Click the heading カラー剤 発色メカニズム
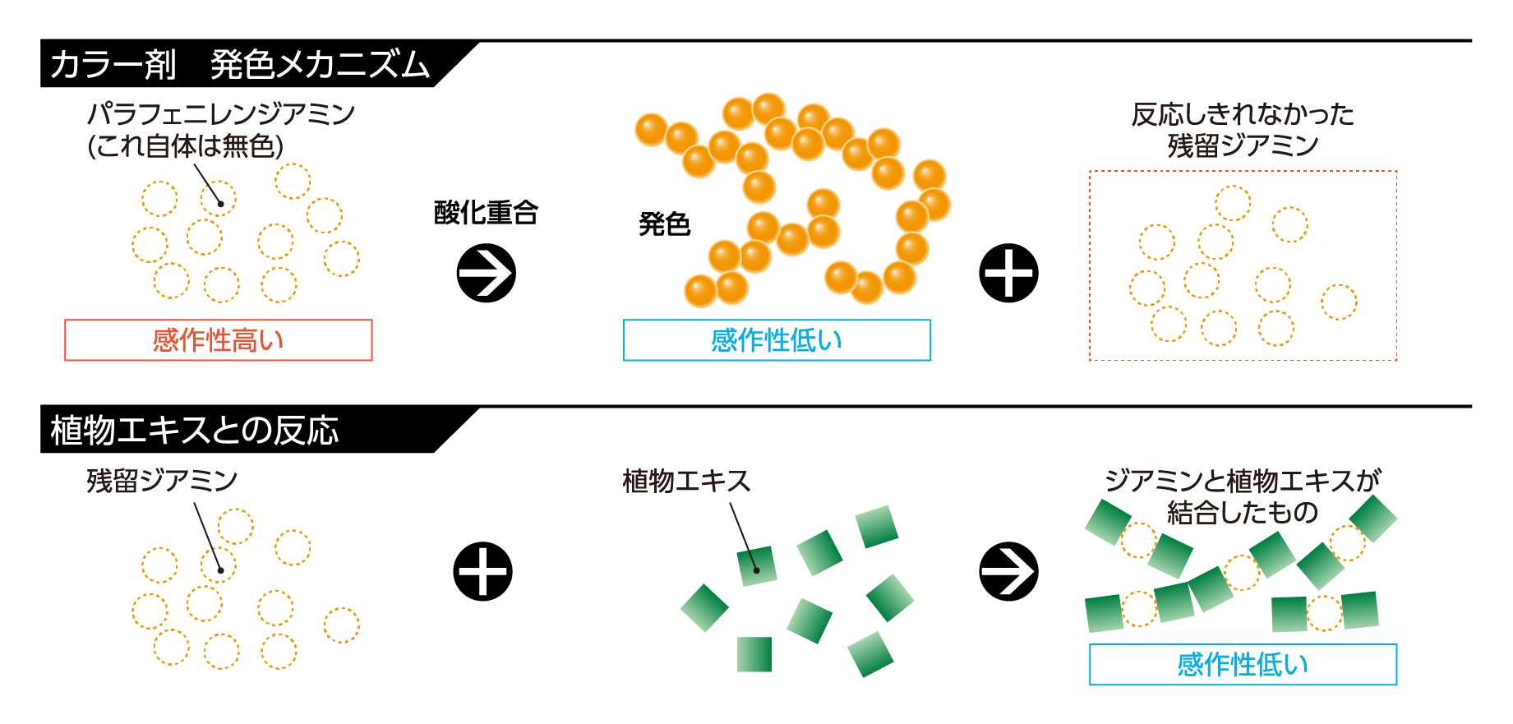click(x=240, y=64)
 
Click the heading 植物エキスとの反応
click(x=195, y=430)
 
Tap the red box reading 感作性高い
click(x=219, y=340)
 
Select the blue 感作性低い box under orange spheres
click(x=777, y=340)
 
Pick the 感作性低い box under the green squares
click(x=1243, y=664)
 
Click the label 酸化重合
click(x=486, y=213)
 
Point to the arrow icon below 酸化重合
click(x=486, y=273)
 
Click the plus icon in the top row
click(x=1008, y=273)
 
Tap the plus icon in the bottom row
click(x=483, y=571)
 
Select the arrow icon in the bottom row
click(x=1008, y=571)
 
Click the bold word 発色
click(x=664, y=224)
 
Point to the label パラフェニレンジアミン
click(x=221, y=113)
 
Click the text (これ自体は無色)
click(x=186, y=146)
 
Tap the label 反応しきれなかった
click(x=1243, y=114)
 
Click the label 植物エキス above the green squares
click(x=687, y=481)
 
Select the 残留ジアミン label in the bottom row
click(x=162, y=481)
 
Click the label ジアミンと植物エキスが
click(x=1243, y=481)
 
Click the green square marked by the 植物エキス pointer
click(x=757, y=566)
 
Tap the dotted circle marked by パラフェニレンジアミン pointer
click(x=219, y=199)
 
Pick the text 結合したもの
click(x=1243, y=513)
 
